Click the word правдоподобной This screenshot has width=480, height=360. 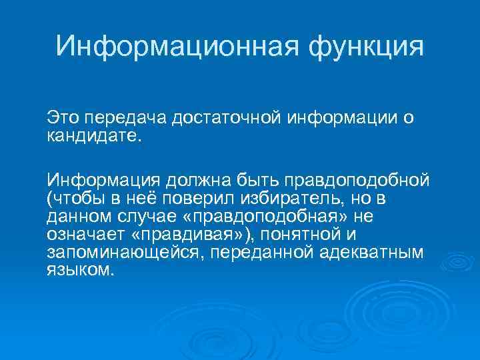(356, 181)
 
